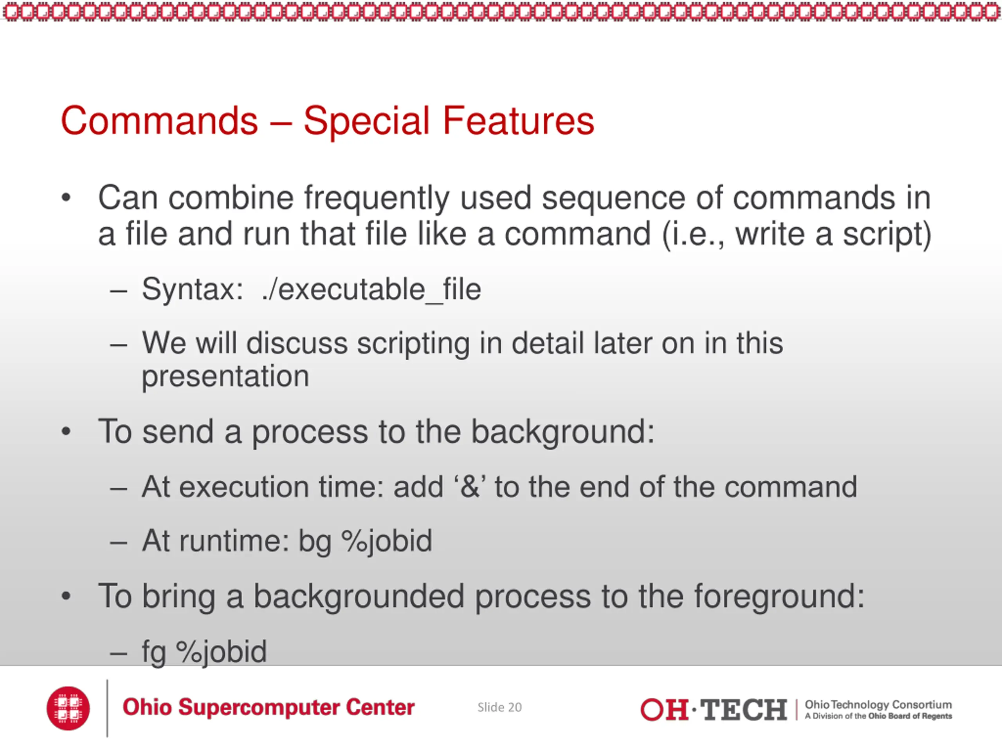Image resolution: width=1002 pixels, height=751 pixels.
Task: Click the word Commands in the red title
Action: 159,120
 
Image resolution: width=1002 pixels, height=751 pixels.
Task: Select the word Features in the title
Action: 518,120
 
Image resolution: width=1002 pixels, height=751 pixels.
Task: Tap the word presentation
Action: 225,377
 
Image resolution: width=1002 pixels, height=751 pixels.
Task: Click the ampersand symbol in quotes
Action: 470,487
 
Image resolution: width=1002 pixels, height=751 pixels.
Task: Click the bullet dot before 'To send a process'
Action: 66,432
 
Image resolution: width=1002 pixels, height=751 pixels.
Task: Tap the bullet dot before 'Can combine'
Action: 66,198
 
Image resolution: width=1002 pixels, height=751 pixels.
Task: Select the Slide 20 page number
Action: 500,707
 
